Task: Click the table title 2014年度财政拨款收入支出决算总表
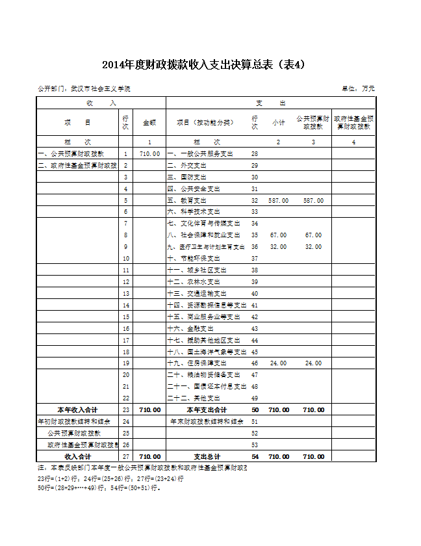pyautogui.click(x=203, y=64)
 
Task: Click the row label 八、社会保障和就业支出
pyautogui.click(x=203, y=235)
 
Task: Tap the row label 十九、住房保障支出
pyautogui.click(x=197, y=363)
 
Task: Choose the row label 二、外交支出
pyautogui.click(x=187, y=166)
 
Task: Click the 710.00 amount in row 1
pyautogui.click(x=149, y=154)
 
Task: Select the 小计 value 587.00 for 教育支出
pyautogui.click(x=278, y=201)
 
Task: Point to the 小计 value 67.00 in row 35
pyautogui.click(x=278, y=235)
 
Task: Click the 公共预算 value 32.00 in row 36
pyautogui.click(x=313, y=246)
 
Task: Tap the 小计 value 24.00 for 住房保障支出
pyautogui.click(x=278, y=363)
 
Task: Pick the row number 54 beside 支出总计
pyautogui.click(x=255, y=456)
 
